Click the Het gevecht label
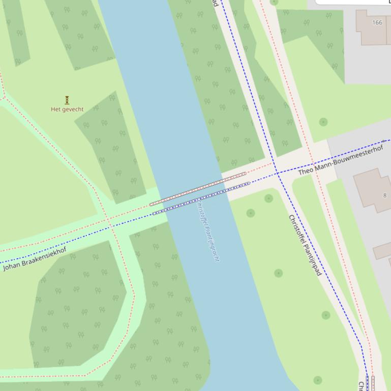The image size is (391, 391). coord(67,109)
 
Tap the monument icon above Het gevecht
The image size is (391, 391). coord(67,100)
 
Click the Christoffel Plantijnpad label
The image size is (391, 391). coord(305,245)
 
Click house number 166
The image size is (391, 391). coord(377,22)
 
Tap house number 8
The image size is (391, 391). coord(384,195)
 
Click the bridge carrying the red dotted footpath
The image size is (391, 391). coord(198,189)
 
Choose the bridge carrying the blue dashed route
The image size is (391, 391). coord(201,199)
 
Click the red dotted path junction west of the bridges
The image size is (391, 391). coord(108,219)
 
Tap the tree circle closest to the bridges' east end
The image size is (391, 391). coord(268,199)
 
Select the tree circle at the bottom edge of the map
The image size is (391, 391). coord(318,380)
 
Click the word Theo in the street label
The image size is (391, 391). coord(305,171)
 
